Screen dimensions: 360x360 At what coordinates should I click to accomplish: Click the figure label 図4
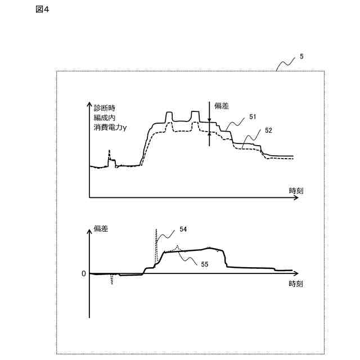click(x=42, y=10)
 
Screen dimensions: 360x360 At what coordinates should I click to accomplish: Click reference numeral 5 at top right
click(x=301, y=57)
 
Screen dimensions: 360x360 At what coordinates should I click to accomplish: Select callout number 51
click(x=253, y=116)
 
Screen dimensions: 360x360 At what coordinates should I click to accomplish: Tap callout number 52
click(x=268, y=130)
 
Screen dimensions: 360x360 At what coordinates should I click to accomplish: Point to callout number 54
click(x=183, y=229)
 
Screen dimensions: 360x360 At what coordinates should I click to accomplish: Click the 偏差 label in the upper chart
click(x=222, y=105)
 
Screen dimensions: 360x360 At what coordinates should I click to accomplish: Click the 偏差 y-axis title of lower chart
click(x=101, y=228)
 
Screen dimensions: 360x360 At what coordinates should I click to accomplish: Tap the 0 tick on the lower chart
click(x=84, y=273)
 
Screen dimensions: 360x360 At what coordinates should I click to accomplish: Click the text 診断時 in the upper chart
click(x=105, y=107)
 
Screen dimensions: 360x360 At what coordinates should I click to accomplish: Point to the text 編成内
click(x=105, y=118)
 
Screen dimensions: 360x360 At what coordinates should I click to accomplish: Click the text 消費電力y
click(x=110, y=128)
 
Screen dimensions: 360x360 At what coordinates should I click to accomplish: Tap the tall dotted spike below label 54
click(x=156, y=242)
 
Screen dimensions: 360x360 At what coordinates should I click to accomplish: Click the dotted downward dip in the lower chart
click(x=112, y=280)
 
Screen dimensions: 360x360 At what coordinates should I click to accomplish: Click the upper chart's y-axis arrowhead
click(x=89, y=105)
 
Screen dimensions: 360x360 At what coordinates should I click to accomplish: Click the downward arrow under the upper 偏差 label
click(x=209, y=118)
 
